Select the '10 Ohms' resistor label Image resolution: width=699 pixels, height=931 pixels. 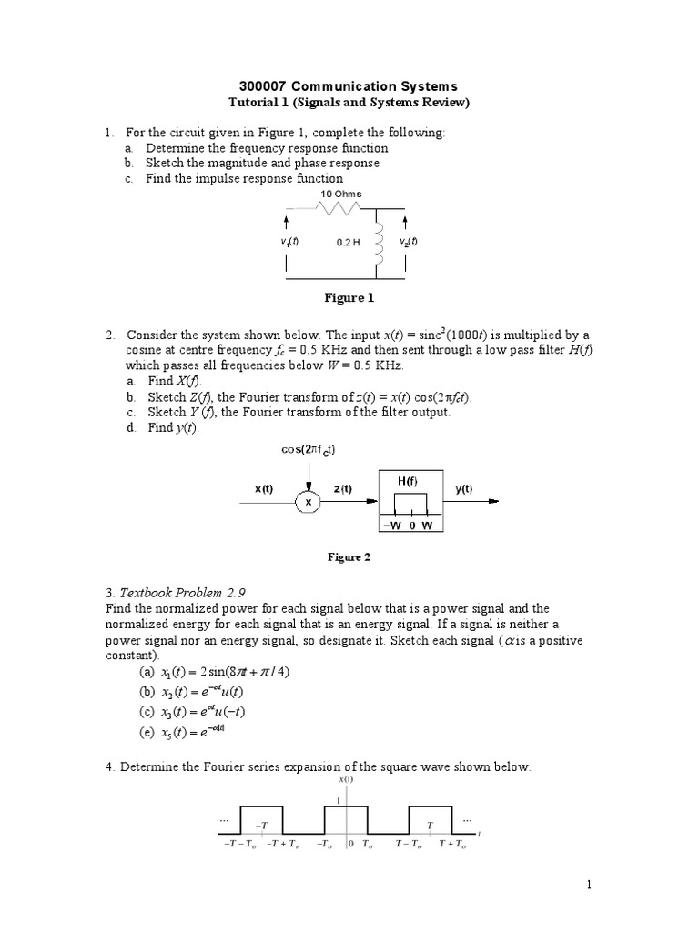point(340,194)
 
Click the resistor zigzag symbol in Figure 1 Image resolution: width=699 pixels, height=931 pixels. point(340,208)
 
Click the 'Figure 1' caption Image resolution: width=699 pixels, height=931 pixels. point(350,297)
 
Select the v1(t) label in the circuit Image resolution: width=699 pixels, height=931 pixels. point(289,242)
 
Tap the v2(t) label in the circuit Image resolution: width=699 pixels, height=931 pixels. point(408,242)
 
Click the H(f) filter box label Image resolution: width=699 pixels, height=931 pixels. point(408,480)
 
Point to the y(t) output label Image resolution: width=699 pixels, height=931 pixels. point(463,488)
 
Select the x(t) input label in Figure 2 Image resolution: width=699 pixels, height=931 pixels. point(263,488)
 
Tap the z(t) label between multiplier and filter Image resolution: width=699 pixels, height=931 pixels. point(354,488)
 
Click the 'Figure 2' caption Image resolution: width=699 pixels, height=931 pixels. point(349,557)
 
